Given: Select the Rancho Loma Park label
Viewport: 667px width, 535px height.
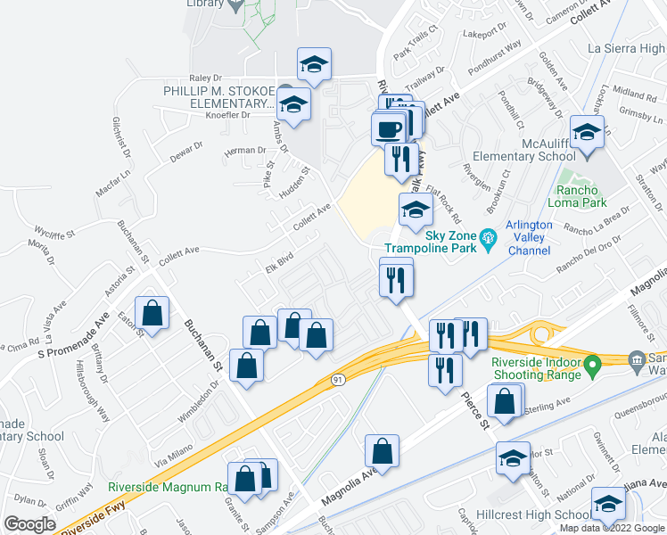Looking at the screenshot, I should [581, 197].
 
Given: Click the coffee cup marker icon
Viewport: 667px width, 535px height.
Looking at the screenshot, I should [388, 130].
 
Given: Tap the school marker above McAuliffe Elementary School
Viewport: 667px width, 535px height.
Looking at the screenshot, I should [588, 133].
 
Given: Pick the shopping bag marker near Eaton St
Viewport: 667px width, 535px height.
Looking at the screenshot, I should [153, 313].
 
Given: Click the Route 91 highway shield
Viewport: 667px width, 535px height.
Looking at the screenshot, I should [338, 379].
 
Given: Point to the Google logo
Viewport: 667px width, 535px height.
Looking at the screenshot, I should [29, 524].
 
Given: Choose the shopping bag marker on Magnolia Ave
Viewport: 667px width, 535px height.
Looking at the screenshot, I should [382, 451].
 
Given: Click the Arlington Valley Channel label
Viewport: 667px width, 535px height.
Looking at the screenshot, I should [529, 238].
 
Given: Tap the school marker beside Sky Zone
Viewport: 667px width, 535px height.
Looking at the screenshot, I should [415, 210].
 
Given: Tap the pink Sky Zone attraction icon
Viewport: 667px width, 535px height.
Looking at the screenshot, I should [487, 238].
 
